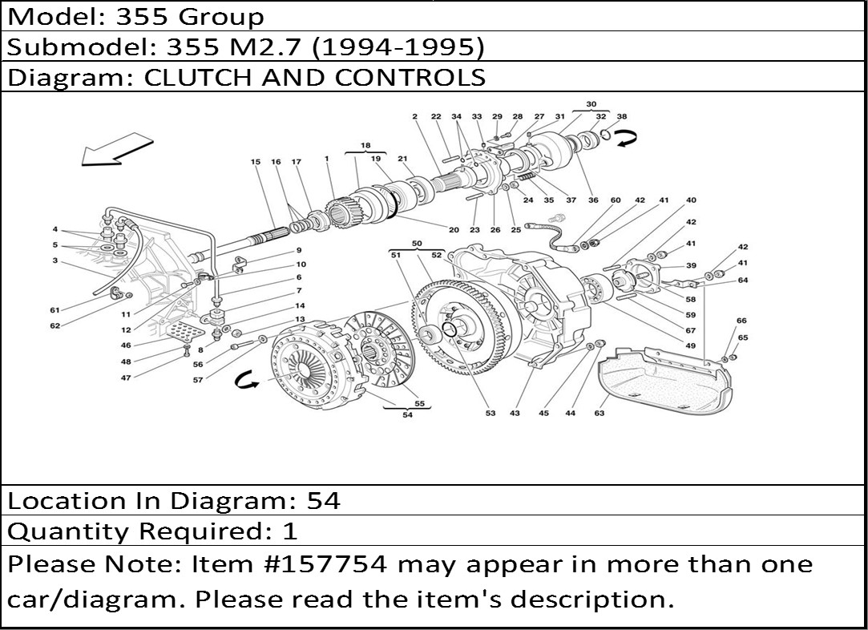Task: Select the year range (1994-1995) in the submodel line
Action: [398, 47]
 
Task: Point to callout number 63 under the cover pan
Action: [599, 413]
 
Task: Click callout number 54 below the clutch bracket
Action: [407, 414]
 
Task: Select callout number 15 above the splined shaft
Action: [255, 162]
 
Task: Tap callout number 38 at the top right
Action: [622, 117]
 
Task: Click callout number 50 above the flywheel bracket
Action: [417, 244]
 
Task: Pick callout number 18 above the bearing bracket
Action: [365, 146]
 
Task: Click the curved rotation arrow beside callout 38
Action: [628, 139]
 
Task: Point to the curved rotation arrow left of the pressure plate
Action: [246, 380]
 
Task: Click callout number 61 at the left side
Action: [55, 310]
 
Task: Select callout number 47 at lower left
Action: [126, 378]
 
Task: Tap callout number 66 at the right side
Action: [742, 321]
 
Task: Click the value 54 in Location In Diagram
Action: [323, 501]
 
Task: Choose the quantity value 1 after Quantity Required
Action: [289, 531]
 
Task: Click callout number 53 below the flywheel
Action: [491, 413]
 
